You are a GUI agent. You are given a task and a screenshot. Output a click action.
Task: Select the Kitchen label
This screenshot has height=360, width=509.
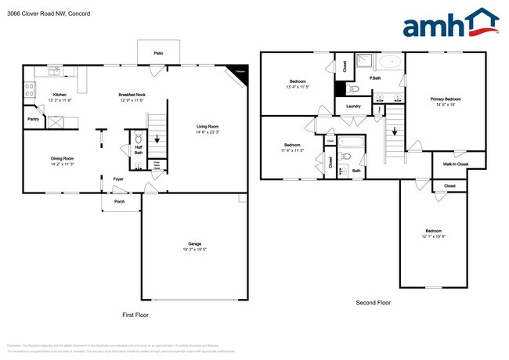[60, 95]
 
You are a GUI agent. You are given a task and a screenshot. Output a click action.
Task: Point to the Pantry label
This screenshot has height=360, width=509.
[33, 119]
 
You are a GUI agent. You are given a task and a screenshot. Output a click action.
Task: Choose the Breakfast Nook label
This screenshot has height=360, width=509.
[132, 95]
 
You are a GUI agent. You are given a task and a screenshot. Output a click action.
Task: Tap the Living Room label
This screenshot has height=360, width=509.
[207, 126]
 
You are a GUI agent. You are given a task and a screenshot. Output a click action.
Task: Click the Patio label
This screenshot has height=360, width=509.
[158, 52]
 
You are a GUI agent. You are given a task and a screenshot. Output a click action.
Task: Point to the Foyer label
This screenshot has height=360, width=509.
[118, 178]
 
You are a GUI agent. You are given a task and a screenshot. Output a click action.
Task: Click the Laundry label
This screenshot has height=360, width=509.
[352, 106]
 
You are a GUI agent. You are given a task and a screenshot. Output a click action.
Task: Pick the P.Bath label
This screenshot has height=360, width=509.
[375, 78]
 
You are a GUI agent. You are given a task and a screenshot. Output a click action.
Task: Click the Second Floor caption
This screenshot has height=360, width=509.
[373, 303]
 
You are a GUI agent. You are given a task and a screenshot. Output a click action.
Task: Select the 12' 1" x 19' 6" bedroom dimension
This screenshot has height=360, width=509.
[433, 236]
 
